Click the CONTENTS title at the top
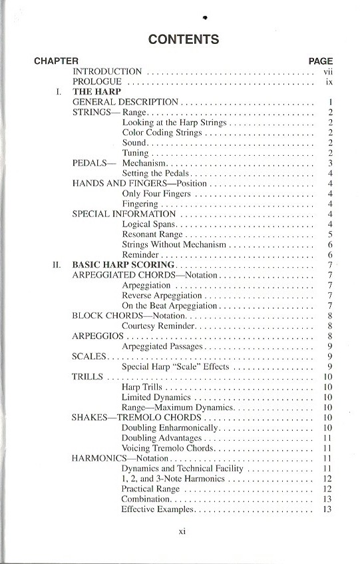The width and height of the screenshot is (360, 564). tap(183, 39)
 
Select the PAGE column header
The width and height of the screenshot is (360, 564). tap(321, 61)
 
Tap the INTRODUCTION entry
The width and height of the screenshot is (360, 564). tap(107, 71)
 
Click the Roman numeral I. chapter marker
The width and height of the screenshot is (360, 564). tap(60, 92)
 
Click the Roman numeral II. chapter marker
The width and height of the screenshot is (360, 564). tap(58, 265)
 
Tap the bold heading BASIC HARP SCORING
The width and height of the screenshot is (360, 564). tap(123, 265)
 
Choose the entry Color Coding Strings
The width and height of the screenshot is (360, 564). tap(162, 133)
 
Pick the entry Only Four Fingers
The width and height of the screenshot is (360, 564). tap(156, 194)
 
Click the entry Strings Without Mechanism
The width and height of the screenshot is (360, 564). tap(174, 244)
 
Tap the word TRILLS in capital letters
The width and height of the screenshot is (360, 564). tap(87, 377)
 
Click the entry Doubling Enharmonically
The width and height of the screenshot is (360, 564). tap(170, 427)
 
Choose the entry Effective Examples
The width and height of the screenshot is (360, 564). tap(158, 509)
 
